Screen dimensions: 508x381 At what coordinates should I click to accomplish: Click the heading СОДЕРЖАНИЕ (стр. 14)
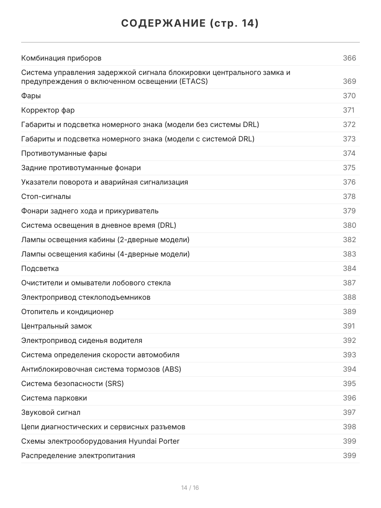tap(190, 24)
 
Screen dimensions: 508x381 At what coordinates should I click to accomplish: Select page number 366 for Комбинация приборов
tap(349, 58)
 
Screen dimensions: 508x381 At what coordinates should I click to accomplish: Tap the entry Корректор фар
tap(48, 110)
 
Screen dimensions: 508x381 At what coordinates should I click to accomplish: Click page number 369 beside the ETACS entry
tap(349, 81)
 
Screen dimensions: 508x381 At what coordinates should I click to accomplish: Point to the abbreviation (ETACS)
tap(193, 81)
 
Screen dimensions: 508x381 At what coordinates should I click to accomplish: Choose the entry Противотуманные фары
tap(64, 154)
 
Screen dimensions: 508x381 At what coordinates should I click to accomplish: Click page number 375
tap(349, 168)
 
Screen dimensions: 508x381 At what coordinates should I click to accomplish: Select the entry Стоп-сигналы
tap(46, 197)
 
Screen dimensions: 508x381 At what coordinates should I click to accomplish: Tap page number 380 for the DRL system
tap(349, 226)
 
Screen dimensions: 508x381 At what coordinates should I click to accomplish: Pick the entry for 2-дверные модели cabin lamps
tap(105, 240)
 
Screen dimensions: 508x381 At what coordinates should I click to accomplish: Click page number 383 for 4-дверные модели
tap(349, 254)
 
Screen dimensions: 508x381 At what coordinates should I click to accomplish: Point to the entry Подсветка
tap(40, 269)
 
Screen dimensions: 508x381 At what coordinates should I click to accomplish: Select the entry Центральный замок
tap(56, 326)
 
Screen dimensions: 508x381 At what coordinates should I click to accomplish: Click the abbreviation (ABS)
tap(171, 370)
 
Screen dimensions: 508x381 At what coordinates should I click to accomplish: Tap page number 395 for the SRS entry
tap(349, 384)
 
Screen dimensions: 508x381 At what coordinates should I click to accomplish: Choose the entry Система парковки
tap(54, 398)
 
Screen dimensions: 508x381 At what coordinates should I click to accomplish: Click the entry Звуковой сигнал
tap(51, 413)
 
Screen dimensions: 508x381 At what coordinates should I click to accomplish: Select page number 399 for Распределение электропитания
tap(349, 456)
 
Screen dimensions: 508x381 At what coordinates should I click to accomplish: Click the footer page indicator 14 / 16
tap(190, 488)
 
